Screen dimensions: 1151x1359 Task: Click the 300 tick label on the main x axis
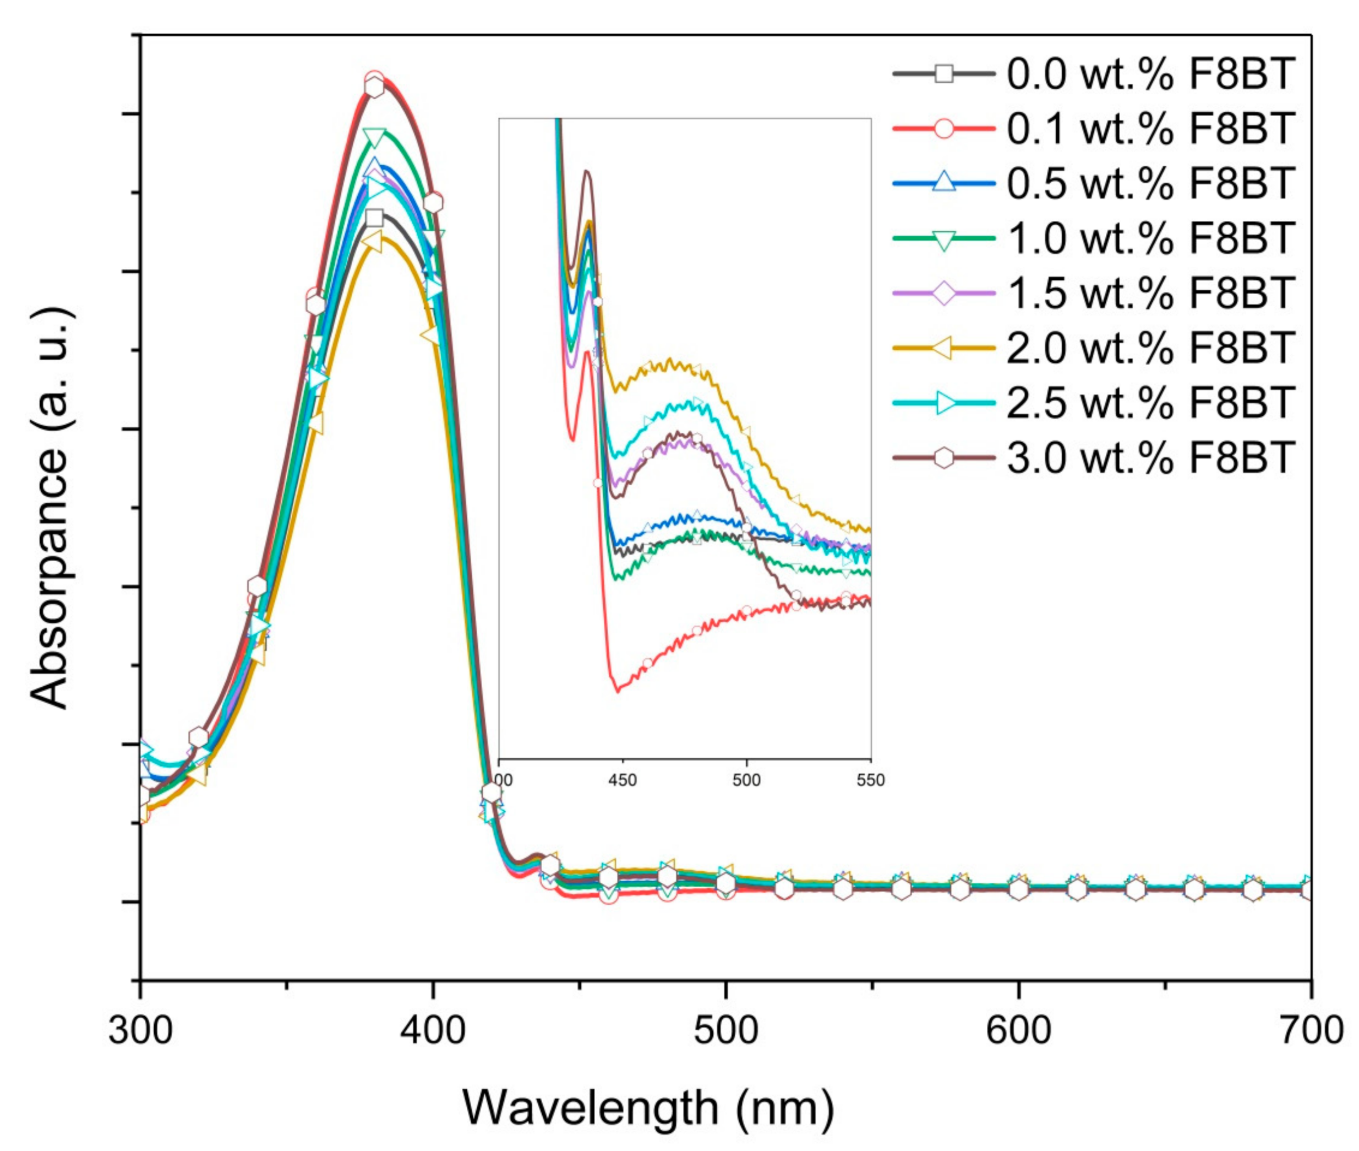pyautogui.click(x=140, y=1030)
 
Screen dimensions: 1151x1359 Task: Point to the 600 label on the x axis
pyautogui.click(x=1018, y=1030)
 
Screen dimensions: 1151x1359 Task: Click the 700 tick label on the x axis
pyautogui.click(x=1309, y=1030)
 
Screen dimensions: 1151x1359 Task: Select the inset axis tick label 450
pyautogui.click(x=622, y=780)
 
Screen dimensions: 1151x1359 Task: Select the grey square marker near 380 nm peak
pyautogui.click(x=374, y=218)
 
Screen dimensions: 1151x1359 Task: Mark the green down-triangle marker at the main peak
pyautogui.click(x=375, y=137)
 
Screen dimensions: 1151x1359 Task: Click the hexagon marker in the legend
pyautogui.click(x=943, y=458)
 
